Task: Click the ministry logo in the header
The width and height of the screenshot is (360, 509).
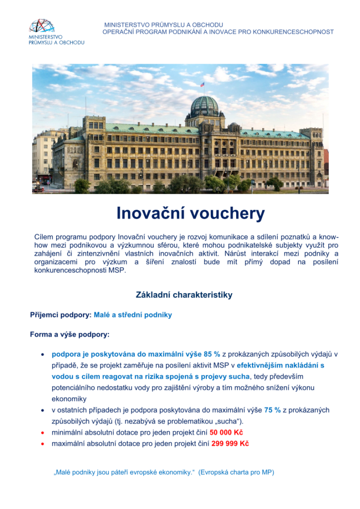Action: pos(56,31)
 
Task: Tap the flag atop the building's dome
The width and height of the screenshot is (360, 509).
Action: pos(203,85)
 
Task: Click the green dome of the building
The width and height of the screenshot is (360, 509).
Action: pos(204,105)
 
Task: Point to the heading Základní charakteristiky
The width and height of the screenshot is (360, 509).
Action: pos(184,295)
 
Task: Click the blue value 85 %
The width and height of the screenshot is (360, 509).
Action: pos(212,354)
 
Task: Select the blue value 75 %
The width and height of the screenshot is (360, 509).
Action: pos(272,410)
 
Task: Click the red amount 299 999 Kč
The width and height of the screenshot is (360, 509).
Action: pos(230,443)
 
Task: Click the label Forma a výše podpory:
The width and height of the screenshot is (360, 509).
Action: pos(70,335)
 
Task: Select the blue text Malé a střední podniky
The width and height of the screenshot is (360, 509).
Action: pos(133,315)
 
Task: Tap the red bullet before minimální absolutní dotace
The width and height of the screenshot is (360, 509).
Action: pos(43,432)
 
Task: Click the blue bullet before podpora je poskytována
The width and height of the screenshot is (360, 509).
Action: pos(43,354)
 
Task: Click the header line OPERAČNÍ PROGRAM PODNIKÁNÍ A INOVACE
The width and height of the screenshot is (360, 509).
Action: pos(218,32)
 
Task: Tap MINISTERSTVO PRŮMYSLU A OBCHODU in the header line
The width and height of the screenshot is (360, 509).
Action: pos(164,25)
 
